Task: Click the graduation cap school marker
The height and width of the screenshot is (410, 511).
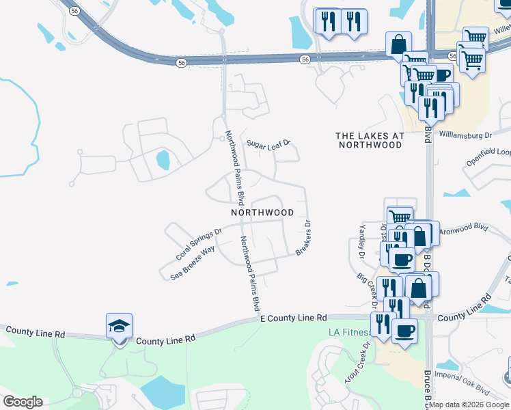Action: pos(119,327)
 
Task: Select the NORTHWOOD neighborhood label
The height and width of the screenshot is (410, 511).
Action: pos(262,213)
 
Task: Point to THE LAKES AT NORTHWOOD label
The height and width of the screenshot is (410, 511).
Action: pos(370,140)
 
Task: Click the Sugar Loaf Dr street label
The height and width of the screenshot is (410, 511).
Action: pos(269,144)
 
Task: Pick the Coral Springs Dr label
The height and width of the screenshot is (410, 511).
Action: pos(199,244)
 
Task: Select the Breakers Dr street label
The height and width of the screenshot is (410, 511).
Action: pos(303,238)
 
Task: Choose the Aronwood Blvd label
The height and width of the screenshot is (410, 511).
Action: pos(465,228)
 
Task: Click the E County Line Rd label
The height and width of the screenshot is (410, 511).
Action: pos(294,318)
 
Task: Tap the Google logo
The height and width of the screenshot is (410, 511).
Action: pos(23,402)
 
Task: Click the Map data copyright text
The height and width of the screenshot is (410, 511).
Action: pos(469,405)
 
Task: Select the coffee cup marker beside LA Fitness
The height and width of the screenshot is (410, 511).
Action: pos(404,331)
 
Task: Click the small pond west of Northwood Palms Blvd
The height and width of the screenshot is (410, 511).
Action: pos(163,161)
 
